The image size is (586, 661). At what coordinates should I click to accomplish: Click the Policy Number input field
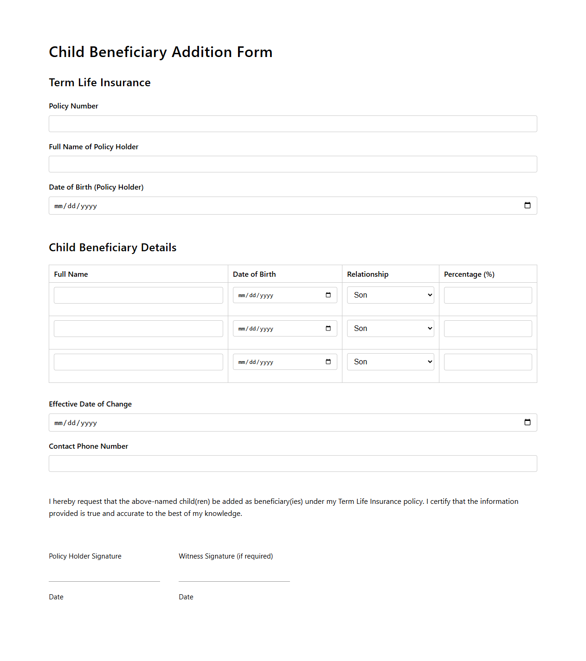(293, 124)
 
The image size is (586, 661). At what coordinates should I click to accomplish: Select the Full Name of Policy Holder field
(293, 164)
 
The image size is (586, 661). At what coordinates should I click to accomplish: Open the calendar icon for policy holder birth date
(527, 205)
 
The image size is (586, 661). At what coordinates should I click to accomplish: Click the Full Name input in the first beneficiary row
(138, 295)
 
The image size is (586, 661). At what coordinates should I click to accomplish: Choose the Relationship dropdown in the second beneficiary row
(390, 329)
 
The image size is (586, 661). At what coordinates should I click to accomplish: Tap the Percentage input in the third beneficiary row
(488, 362)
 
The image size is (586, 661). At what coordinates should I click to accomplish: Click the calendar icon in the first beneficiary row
(328, 295)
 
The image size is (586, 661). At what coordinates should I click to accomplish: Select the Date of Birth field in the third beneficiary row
(278, 362)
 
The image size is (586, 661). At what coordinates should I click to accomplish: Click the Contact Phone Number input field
(293, 464)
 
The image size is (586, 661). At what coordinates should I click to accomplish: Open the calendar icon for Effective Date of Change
(527, 422)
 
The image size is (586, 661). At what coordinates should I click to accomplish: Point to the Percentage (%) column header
(469, 274)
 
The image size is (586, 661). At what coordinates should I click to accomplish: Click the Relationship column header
(367, 274)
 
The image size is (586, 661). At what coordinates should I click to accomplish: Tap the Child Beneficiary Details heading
(113, 248)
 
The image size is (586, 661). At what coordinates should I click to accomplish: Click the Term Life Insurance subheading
(100, 83)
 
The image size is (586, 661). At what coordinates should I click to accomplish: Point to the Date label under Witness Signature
(186, 597)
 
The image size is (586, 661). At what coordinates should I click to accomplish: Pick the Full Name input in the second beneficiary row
(138, 329)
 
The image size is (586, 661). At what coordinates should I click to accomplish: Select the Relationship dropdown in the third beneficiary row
(390, 362)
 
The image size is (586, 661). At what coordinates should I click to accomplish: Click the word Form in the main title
(254, 52)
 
